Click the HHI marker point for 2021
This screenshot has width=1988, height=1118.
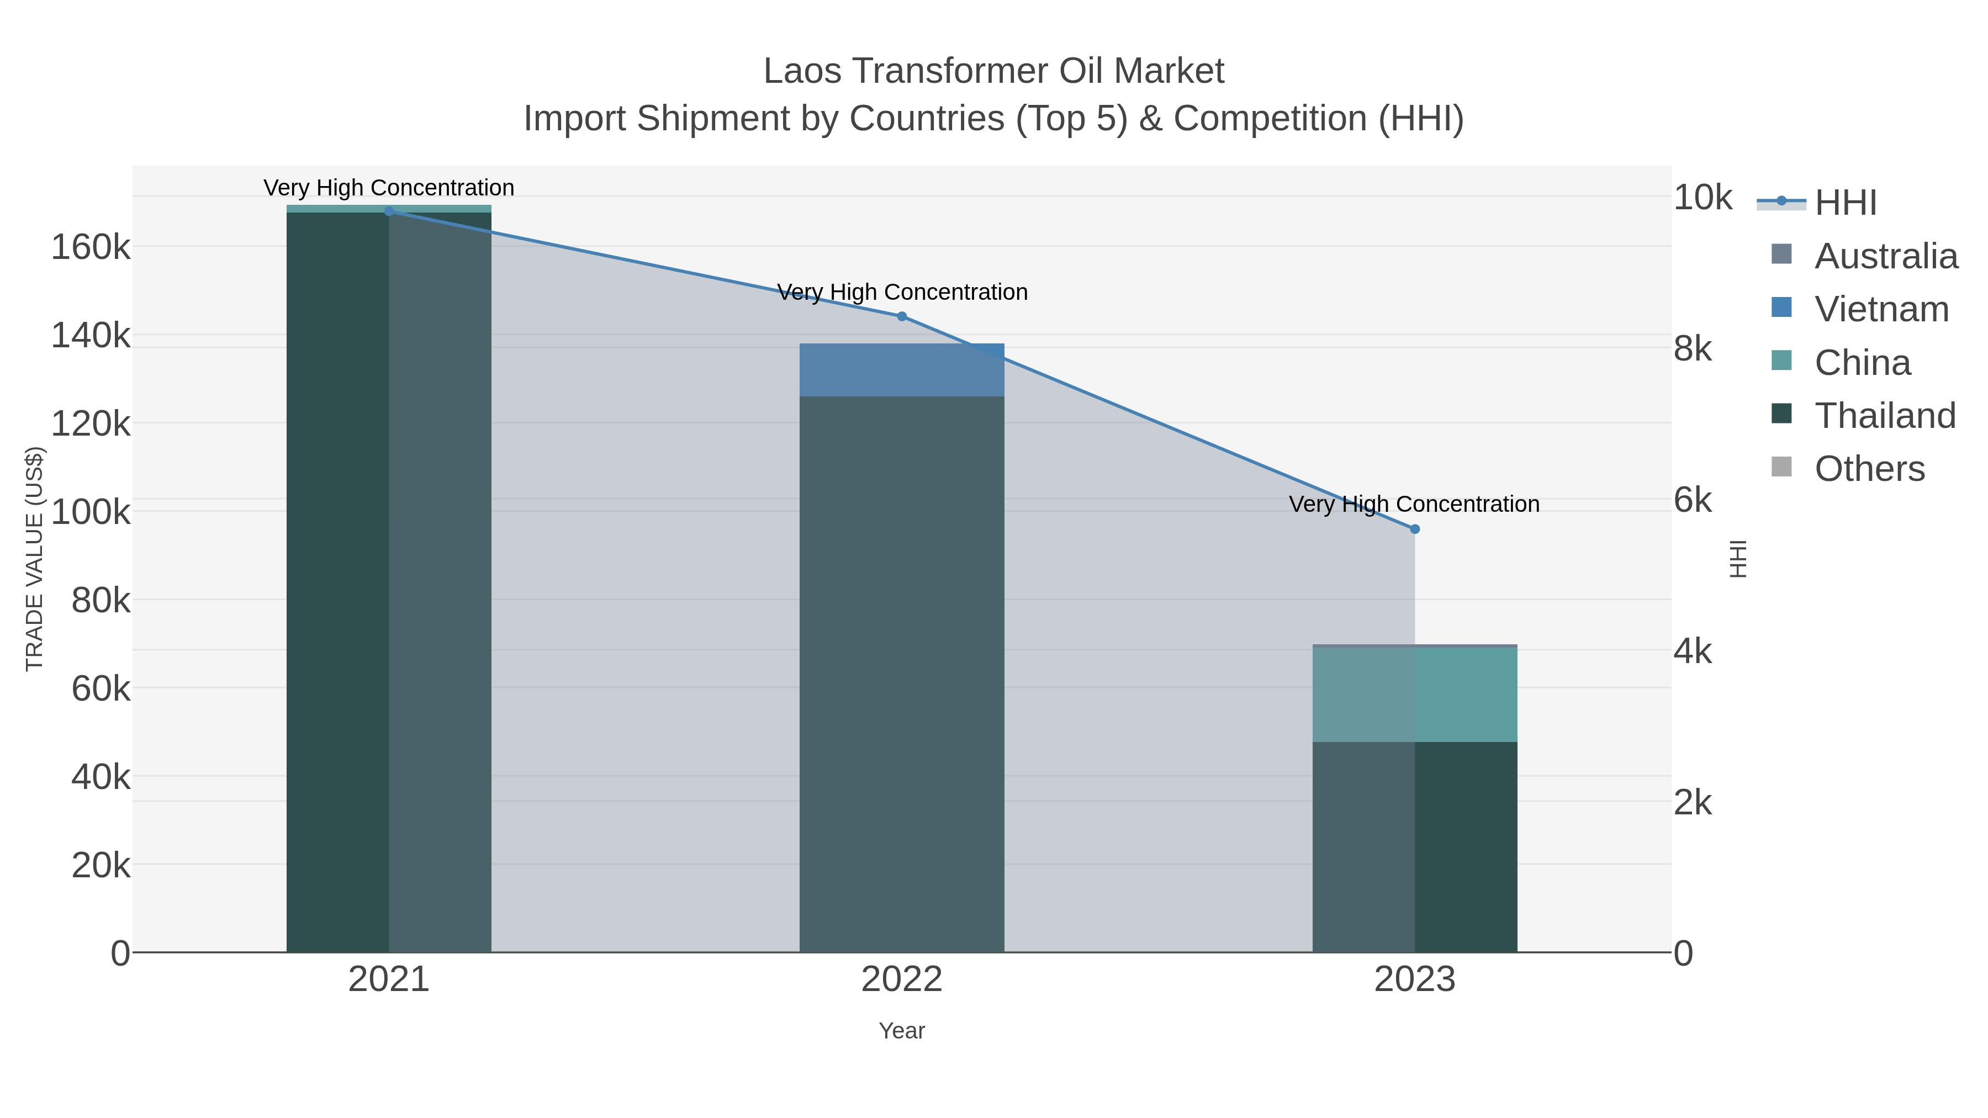[389, 211]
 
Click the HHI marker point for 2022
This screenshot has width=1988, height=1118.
[901, 316]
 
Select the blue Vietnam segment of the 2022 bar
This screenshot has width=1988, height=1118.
[901, 369]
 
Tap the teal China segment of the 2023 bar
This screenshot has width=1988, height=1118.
[1415, 695]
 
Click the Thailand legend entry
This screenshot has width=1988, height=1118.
[1885, 415]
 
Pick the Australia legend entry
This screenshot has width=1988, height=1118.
[1885, 256]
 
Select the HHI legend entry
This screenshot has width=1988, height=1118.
[1845, 203]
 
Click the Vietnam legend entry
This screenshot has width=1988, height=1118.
[1881, 309]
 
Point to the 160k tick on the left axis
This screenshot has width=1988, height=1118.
[91, 248]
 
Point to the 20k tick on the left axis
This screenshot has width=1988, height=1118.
[101, 866]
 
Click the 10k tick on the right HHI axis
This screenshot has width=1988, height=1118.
[1702, 198]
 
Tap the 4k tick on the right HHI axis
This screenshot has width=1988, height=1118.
[1693, 652]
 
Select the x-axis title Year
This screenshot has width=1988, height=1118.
[901, 1031]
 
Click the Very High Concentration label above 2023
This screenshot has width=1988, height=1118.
[1414, 504]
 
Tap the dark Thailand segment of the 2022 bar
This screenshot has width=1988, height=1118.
[901, 671]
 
